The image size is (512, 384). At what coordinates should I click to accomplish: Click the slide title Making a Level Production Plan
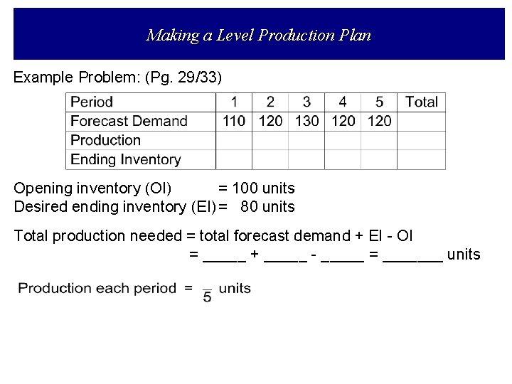(258, 35)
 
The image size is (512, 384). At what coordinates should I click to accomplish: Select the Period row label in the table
(92, 102)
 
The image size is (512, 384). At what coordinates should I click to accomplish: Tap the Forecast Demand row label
(129, 121)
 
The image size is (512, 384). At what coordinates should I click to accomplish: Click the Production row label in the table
(105, 140)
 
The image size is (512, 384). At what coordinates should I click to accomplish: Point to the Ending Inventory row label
(125, 159)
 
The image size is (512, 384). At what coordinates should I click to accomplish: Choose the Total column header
(421, 102)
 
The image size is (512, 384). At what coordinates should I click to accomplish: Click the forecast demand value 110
(234, 121)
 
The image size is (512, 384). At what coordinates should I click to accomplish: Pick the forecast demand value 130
(306, 121)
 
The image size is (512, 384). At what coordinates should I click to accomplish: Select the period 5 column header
(379, 102)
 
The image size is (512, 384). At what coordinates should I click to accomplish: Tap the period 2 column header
(270, 102)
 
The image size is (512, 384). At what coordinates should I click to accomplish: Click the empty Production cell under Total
(421, 140)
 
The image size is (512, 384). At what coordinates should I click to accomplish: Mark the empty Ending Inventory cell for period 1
(234, 159)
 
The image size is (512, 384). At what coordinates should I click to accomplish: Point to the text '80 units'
(267, 207)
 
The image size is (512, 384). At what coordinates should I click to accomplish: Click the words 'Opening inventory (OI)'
(92, 188)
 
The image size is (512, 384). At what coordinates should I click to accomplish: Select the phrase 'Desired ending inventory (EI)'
(114, 207)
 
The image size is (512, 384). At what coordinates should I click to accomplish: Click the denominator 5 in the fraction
(207, 297)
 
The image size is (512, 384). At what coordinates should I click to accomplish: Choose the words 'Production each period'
(97, 288)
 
